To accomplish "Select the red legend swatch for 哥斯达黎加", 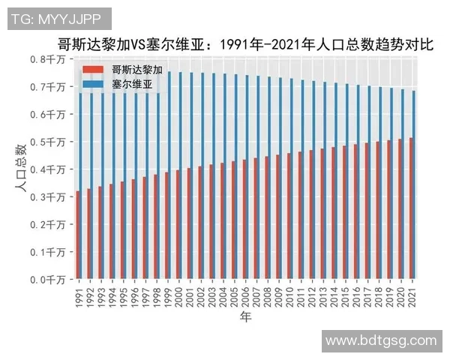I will click(94, 70).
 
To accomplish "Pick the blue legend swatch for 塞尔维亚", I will click(94, 85).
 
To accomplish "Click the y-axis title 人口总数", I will click(21, 169).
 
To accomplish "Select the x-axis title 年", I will click(245, 318).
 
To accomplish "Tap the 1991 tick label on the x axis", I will click(79, 294).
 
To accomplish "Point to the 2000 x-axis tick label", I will click(178, 294).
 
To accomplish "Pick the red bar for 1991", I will click(77, 235).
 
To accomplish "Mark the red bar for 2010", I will click(288, 217).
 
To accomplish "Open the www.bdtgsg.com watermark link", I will click(381, 340).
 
